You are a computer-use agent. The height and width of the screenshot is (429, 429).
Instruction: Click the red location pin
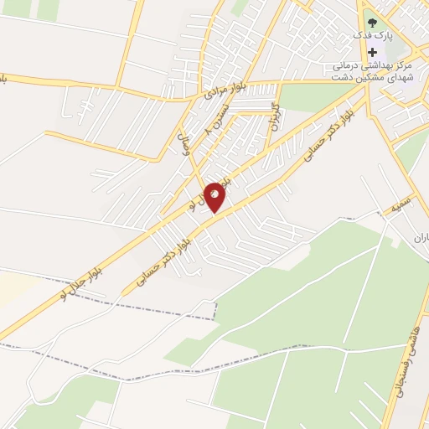(215, 198)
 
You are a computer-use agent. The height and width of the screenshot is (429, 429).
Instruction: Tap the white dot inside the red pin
(215, 194)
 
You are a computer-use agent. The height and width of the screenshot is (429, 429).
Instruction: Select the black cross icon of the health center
(372, 51)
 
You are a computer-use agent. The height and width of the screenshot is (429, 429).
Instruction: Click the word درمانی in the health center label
(346, 65)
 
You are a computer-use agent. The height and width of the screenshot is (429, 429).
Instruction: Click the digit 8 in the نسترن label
(208, 132)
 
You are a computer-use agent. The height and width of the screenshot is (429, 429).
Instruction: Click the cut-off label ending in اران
(420, 238)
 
